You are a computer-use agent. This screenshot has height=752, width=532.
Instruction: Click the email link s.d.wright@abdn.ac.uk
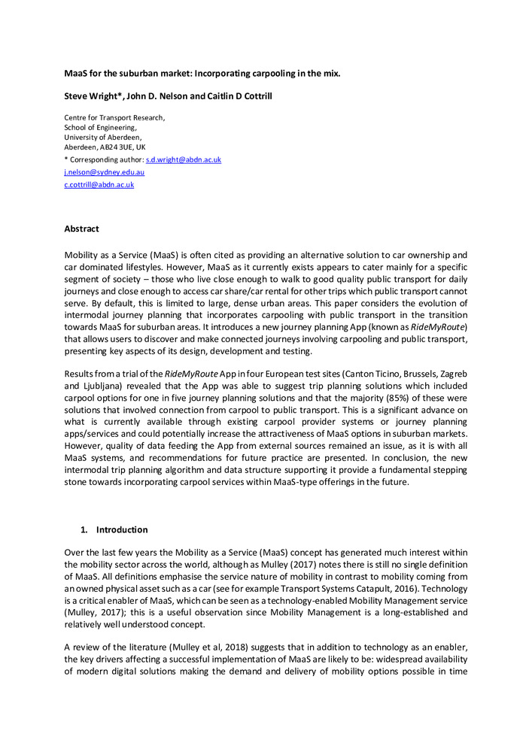(183, 160)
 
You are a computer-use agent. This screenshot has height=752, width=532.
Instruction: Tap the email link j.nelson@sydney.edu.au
(104, 172)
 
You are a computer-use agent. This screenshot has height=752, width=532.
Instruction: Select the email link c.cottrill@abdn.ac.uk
(99, 184)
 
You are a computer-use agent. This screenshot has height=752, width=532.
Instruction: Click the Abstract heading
(81, 229)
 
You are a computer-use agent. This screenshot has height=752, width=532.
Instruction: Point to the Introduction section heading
(122, 529)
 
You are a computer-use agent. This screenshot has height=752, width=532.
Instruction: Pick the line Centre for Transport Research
(114, 118)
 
